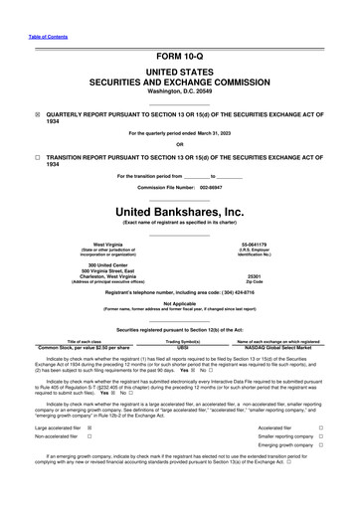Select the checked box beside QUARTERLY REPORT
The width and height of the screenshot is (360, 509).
click(x=13, y=113)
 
